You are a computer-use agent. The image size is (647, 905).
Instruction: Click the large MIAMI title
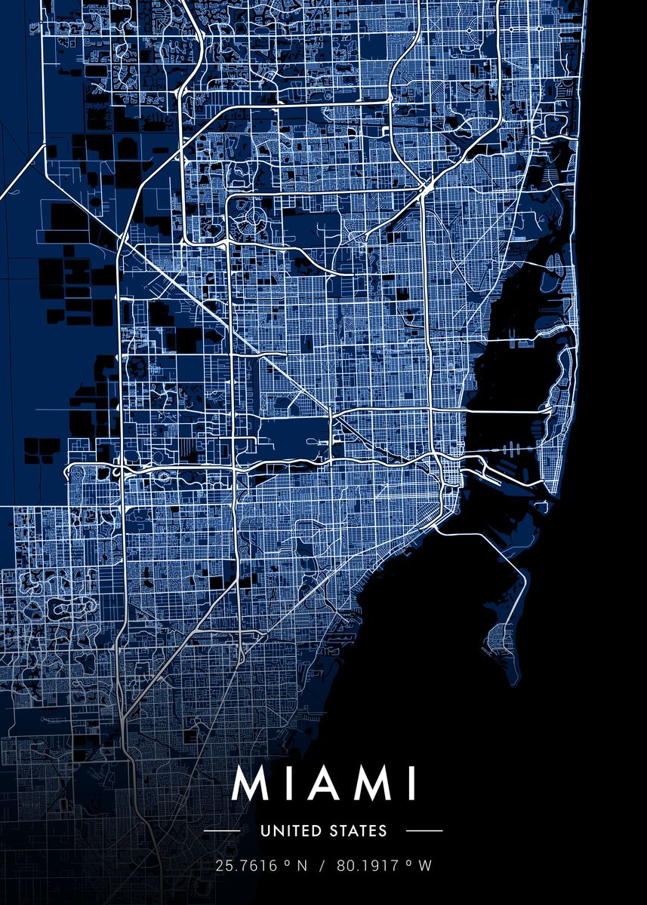(324, 784)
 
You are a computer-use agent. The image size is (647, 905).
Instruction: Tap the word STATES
(359, 831)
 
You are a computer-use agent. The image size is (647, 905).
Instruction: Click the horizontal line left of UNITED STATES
(223, 831)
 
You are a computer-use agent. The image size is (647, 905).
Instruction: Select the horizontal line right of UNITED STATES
(424, 831)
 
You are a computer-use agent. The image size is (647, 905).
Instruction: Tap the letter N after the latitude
(302, 867)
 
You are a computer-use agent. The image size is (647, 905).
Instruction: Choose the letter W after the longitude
(427, 867)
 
